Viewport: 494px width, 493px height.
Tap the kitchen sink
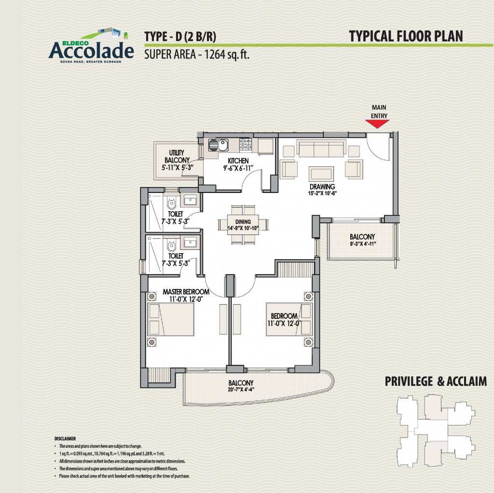point(219,145)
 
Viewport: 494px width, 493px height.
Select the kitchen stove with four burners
point(246,144)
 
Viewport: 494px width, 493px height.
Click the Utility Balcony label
point(177,156)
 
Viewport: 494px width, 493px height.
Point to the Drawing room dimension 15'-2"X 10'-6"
point(322,193)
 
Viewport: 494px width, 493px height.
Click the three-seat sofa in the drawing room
point(321,149)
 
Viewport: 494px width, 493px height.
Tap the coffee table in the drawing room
point(321,174)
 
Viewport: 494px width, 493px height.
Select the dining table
point(243,225)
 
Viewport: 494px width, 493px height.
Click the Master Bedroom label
point(186,292)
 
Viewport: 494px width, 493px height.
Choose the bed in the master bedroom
point(170,319)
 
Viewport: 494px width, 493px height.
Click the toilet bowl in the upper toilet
point(171,203)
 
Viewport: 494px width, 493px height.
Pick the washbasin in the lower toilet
point(190,243)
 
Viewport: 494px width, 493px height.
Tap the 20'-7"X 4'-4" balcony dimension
point(241,389)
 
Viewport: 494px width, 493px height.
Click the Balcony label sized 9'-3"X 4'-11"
point(362,236)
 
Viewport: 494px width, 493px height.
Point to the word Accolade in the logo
point(91,50)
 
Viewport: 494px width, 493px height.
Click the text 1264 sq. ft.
point(227,55)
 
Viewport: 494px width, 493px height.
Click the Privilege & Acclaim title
point(436,381)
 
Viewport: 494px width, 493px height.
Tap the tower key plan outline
point(436,431)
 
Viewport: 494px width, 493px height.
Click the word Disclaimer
point(65,438)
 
